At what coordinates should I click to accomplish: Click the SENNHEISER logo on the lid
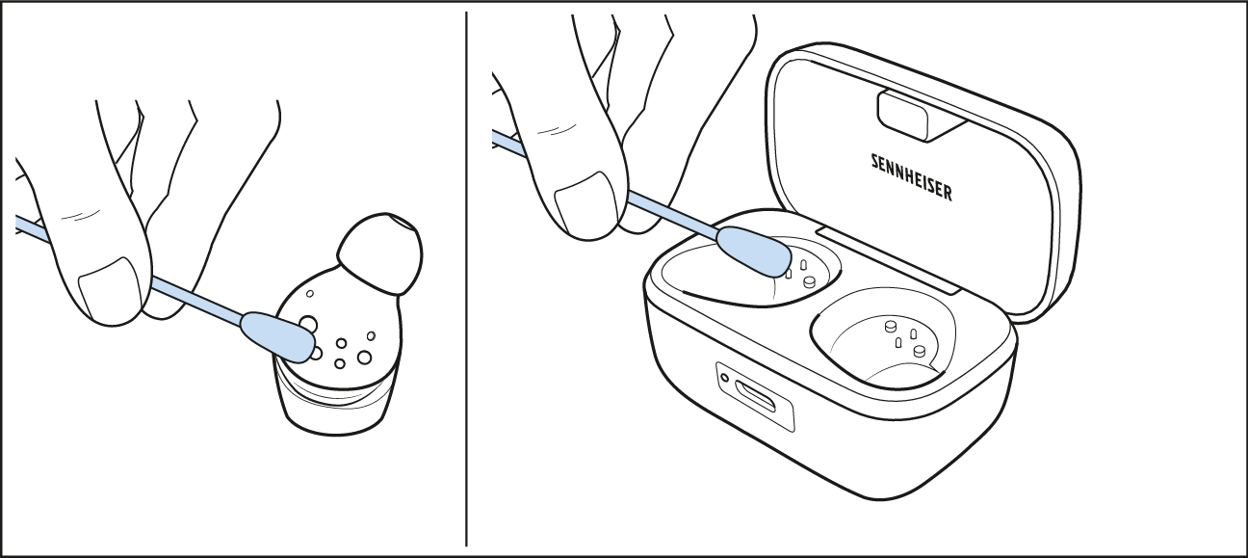(912, 177)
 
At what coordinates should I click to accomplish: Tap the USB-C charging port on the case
(755, 396)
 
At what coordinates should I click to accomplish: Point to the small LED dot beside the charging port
(724, 378)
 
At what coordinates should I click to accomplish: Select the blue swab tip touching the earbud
(278, 336)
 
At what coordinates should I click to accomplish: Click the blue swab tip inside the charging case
(754, 251)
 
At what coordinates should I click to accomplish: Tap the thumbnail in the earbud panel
(111, 289)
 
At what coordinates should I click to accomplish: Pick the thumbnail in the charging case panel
(586, 203)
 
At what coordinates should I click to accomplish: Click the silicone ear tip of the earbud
(381, 253)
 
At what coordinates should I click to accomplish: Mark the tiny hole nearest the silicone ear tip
(310, 293)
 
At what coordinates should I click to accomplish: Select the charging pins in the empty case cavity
(903, 338)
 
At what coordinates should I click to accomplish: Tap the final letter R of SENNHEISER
(947, 194)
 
